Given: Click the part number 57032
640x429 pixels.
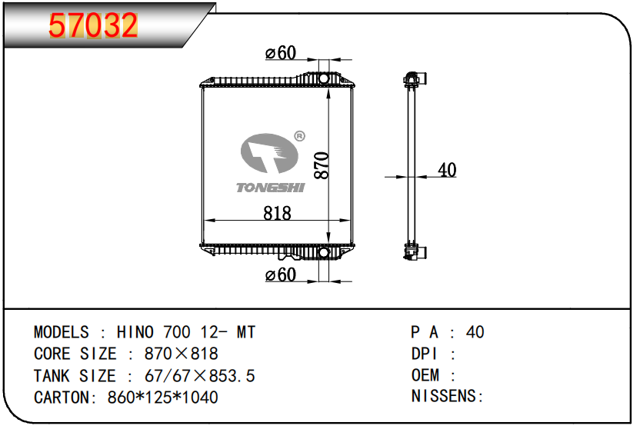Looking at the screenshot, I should [x=93, y=26].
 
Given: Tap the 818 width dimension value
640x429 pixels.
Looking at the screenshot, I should [x=277, y=213].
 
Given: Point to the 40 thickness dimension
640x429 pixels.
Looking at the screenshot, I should [x=446, y=170].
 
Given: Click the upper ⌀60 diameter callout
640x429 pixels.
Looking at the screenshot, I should [x=280, y=53].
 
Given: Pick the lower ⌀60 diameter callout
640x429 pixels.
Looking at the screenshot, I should [x=280, y=275].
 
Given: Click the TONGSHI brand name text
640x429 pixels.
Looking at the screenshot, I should [x=270, y=188].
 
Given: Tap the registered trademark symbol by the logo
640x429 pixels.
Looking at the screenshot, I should [x=299, y=136].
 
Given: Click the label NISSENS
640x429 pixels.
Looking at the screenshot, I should [x=446, y=397].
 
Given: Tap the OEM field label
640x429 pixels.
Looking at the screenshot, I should [x=425, y=375].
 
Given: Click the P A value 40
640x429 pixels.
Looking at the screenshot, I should [x=475, y=332].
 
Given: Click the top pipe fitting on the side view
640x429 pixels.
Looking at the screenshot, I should [x=415, y=78].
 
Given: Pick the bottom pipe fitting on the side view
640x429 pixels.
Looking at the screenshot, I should [x=415, y=253].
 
